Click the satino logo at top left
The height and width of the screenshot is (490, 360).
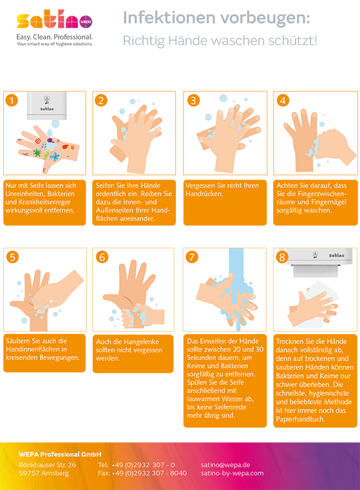(54, 21)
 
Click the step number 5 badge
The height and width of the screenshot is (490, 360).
(12, 256)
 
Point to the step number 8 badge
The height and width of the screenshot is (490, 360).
(281, 256)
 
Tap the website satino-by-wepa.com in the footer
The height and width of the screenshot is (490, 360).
(232, 473)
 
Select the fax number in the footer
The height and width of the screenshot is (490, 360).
(142, 473)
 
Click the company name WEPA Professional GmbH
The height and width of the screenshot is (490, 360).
(60, 454)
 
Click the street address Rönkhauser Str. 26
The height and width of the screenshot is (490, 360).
(47, 464)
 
